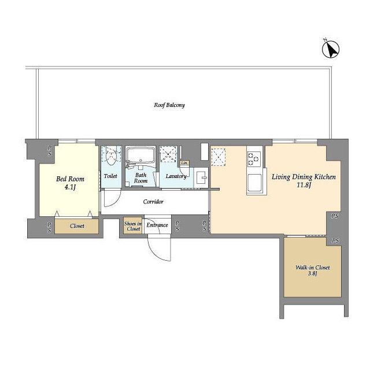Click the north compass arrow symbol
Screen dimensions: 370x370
[331, 49]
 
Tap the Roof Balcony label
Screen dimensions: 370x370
[169, 105]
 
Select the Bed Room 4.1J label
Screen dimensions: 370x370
[70, 183]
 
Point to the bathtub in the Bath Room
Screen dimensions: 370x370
[140, 154]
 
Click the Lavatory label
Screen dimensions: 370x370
[176, 176]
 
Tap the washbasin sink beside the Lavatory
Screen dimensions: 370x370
[201, 177]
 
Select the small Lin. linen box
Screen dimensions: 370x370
[184, 163]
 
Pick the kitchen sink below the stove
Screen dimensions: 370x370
[254, 183]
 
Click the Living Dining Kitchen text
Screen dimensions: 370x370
[304, 177]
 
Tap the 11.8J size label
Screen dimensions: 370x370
[304, 185]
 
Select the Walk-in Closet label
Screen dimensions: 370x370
[312, 268]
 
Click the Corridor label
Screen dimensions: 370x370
[153, 202]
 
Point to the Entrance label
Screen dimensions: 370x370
[157, 225]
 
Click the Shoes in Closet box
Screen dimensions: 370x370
[133, 226]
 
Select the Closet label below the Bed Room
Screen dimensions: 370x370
[77, 226]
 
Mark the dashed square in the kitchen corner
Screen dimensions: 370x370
[219, 157]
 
